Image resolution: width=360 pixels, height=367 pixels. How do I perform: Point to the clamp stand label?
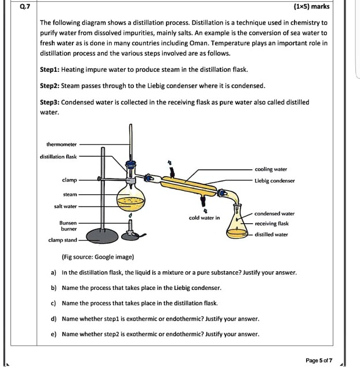pos(63,239)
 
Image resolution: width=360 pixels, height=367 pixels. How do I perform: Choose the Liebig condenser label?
pos(275,181)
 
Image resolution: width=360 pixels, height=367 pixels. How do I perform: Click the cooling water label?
pos(271,169)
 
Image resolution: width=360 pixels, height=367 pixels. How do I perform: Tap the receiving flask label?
pos(271,223)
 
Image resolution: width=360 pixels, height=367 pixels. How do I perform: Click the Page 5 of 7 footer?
pos(319,360)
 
